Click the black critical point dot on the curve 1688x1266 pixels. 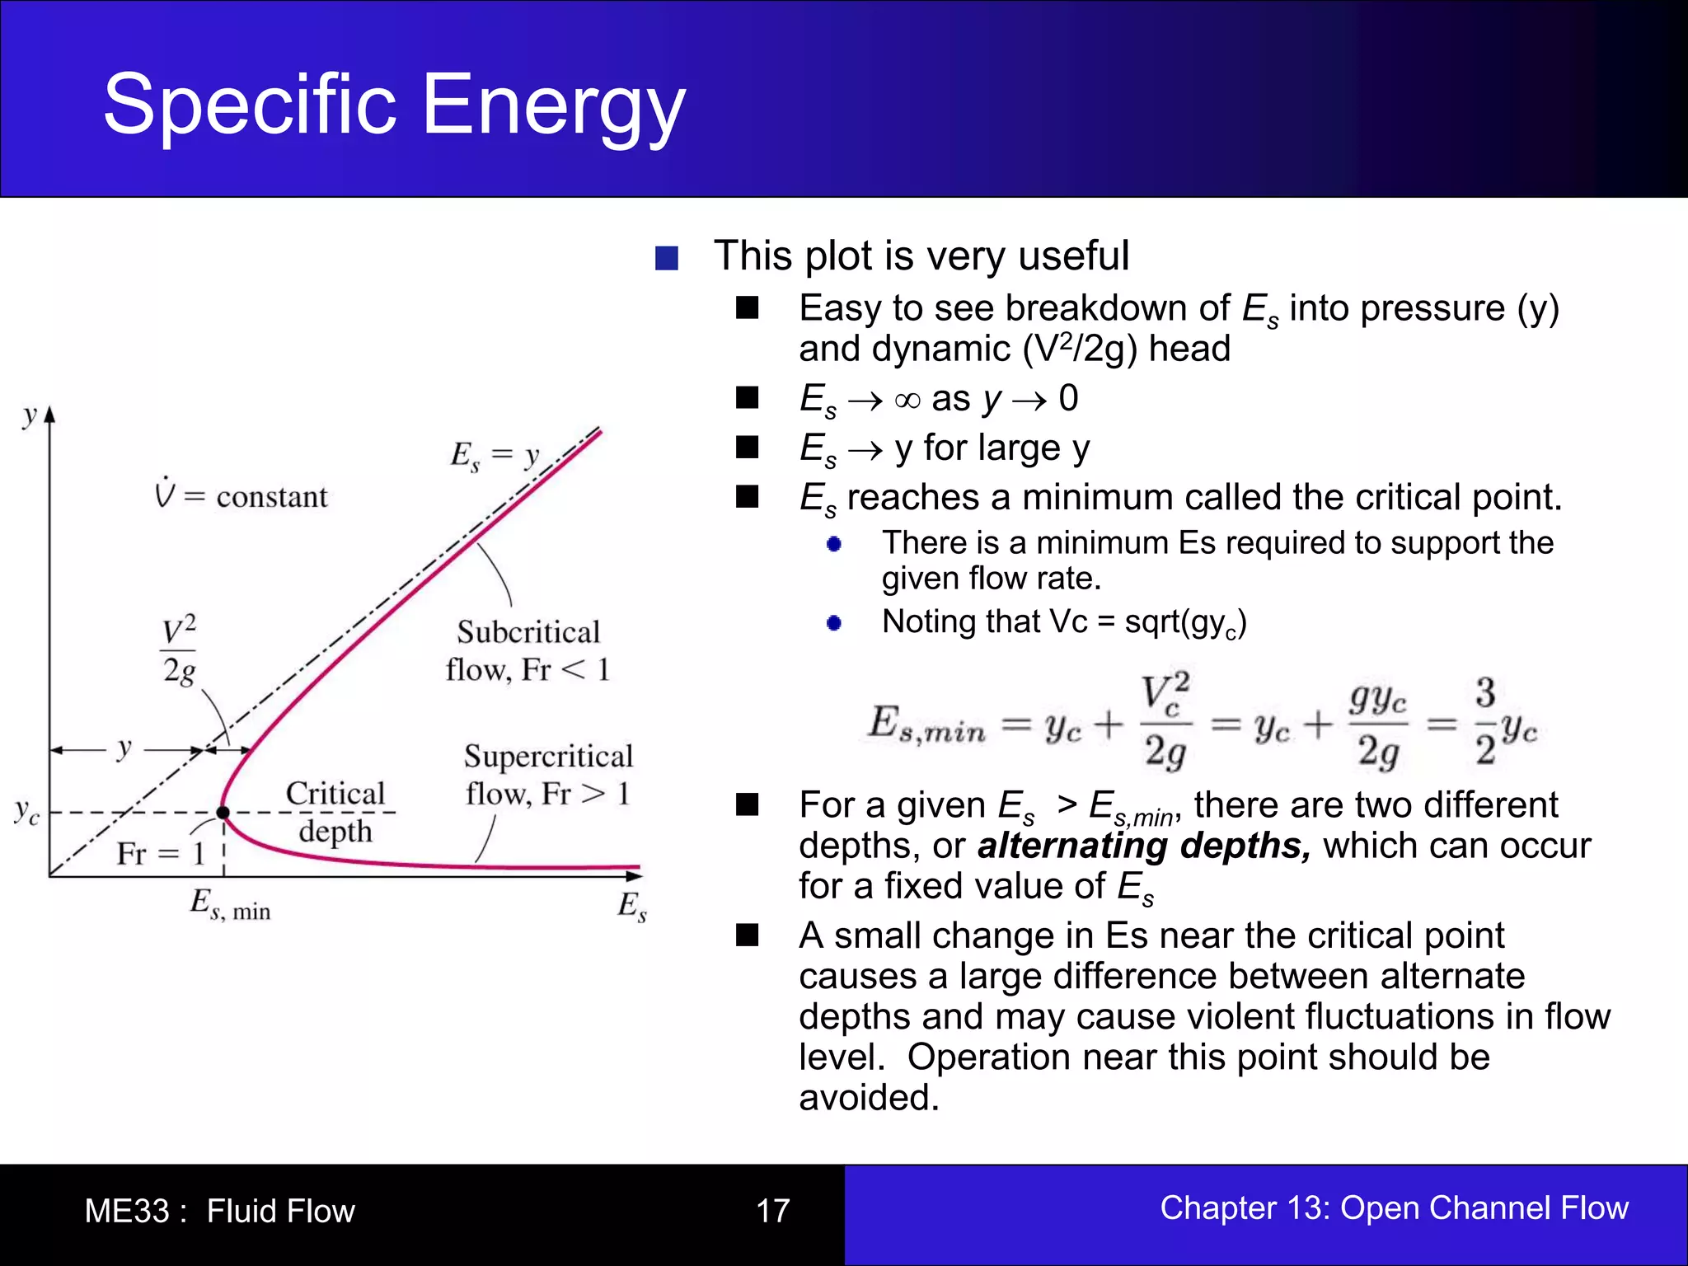pos(223,813)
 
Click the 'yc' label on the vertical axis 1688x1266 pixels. pos(26,812)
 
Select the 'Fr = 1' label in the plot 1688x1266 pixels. pos(161,854)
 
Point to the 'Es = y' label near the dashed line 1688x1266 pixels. pos(495,456)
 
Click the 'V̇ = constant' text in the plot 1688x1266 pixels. pos(241,495)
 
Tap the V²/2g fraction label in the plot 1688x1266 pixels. pos(179,650)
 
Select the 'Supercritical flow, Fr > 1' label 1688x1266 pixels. pos(548,775)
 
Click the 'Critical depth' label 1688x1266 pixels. pos(335,812)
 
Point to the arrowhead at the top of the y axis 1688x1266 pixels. pos(49,415)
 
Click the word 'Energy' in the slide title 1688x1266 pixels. pos(554,105)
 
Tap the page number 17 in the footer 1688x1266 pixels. pos(772,1211)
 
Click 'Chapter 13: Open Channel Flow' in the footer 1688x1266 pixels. pos(1394,1207)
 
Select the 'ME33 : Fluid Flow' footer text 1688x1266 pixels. pos(219,1211)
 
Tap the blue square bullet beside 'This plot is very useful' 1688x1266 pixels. pos(666,259)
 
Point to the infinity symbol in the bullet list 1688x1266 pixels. pos(907,401)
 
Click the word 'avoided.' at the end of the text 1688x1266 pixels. pos(869,1098)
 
